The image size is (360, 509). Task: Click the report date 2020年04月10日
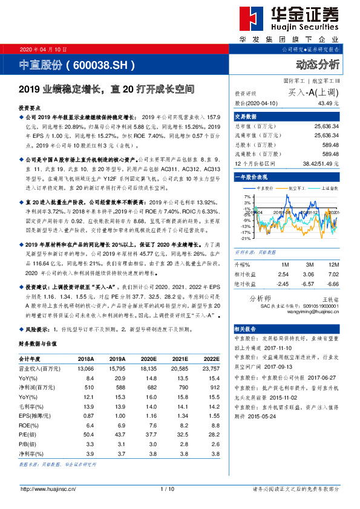(44, 48)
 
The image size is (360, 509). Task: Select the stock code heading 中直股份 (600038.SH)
(77, 64)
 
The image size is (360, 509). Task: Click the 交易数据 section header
(246, 116)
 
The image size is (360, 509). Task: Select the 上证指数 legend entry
(326, 188)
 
